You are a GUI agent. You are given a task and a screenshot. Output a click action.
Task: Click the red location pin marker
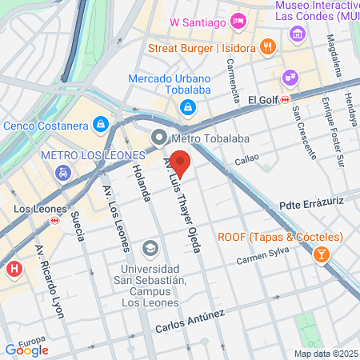[181, 163]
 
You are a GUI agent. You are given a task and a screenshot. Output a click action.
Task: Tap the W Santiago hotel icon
[238, 20]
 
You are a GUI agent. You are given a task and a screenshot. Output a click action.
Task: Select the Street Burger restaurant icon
[267, 48]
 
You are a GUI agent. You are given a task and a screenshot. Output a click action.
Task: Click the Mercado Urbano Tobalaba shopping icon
[186, 106]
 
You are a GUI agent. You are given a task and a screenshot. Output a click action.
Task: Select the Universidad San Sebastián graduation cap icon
[150, 250]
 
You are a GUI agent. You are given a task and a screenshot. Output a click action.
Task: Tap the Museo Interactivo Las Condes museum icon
[298, 33]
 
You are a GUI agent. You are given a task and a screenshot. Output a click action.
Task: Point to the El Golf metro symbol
[284, 100]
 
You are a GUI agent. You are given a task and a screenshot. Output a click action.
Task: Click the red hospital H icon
[14, 270]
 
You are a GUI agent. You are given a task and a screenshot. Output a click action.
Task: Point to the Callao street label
[247, 162]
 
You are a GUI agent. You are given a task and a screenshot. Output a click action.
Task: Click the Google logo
[26, 350]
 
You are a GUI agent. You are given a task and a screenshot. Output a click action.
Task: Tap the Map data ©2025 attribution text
[326, 354]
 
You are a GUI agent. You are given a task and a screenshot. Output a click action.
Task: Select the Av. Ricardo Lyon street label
[47, 282]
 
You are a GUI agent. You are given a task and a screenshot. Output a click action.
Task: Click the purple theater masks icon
[288, 78]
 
